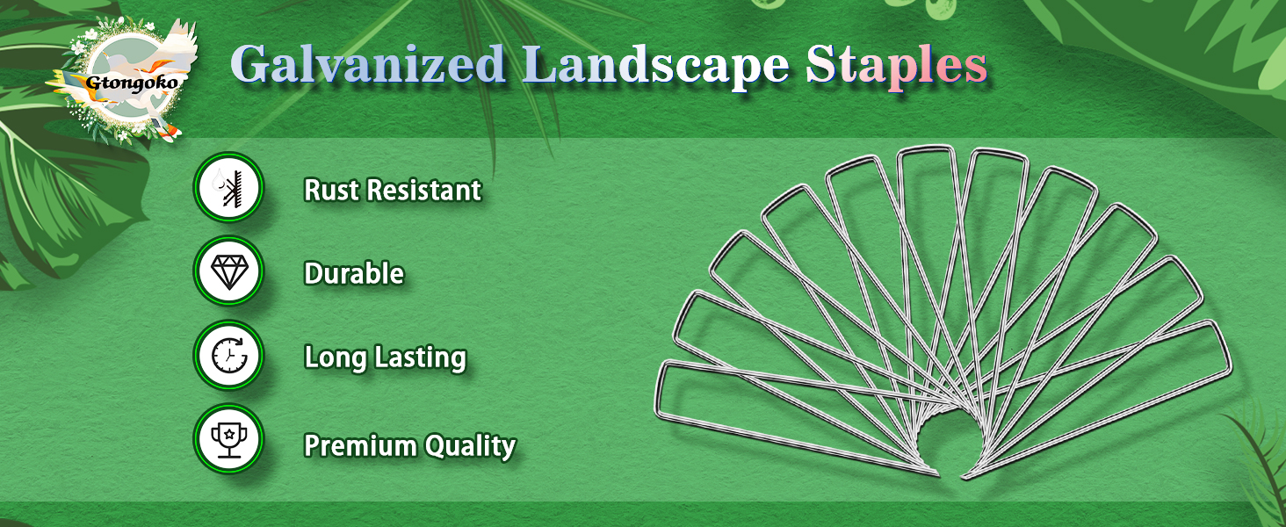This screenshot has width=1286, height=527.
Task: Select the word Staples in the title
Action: click(897, 66)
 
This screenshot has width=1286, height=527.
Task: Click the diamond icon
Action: click(228, 273)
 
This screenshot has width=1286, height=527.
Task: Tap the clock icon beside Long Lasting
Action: click(228, 357)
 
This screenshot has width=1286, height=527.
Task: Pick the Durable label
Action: click(354, 274)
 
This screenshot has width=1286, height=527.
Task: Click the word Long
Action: click(333, 357)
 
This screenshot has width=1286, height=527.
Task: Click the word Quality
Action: click(470, 446)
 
